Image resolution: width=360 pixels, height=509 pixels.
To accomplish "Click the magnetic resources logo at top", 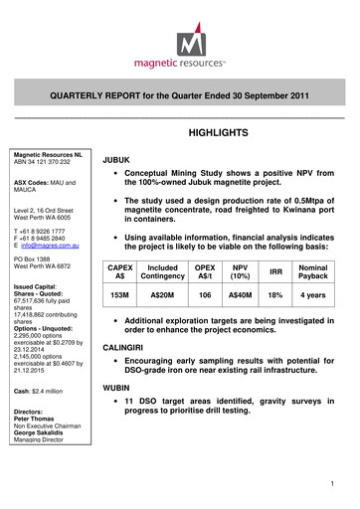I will [x=179, y=49].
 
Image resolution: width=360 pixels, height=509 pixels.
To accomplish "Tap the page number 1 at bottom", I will [x=341, y=483].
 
